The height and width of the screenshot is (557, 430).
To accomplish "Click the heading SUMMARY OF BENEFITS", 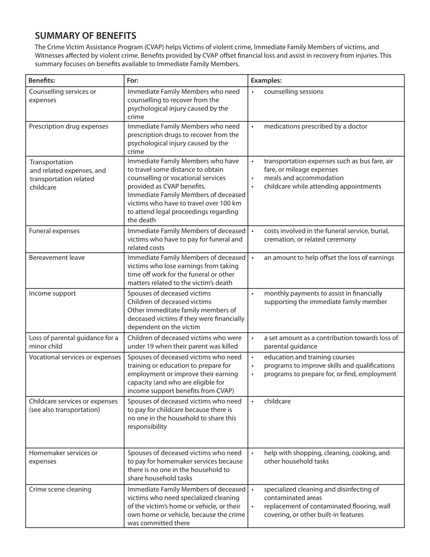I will (86, 36).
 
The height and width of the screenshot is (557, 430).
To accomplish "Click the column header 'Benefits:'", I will (42, 81).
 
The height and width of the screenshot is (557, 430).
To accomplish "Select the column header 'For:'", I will (133, 81).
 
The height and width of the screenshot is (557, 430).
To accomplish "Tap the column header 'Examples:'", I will (266, 81).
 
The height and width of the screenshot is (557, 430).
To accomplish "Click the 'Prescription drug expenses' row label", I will (69, 126).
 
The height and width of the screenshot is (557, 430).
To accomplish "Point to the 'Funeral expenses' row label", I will (54, 231).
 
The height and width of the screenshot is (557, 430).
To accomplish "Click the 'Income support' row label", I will (53, 293).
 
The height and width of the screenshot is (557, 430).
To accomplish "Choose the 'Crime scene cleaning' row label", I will (60, 489).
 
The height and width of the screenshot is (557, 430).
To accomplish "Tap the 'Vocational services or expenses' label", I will (75, 357).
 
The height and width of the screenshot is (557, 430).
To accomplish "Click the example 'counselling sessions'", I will (293, 92).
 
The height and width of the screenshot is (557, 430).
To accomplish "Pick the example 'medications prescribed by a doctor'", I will (315, 126).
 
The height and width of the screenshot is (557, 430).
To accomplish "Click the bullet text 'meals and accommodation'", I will (301, 178).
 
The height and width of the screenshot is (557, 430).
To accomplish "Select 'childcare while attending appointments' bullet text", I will (323, 187).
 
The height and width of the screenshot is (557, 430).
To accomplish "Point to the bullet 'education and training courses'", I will (309, 357).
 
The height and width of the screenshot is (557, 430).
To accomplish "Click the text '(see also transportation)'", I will (64, 410).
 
